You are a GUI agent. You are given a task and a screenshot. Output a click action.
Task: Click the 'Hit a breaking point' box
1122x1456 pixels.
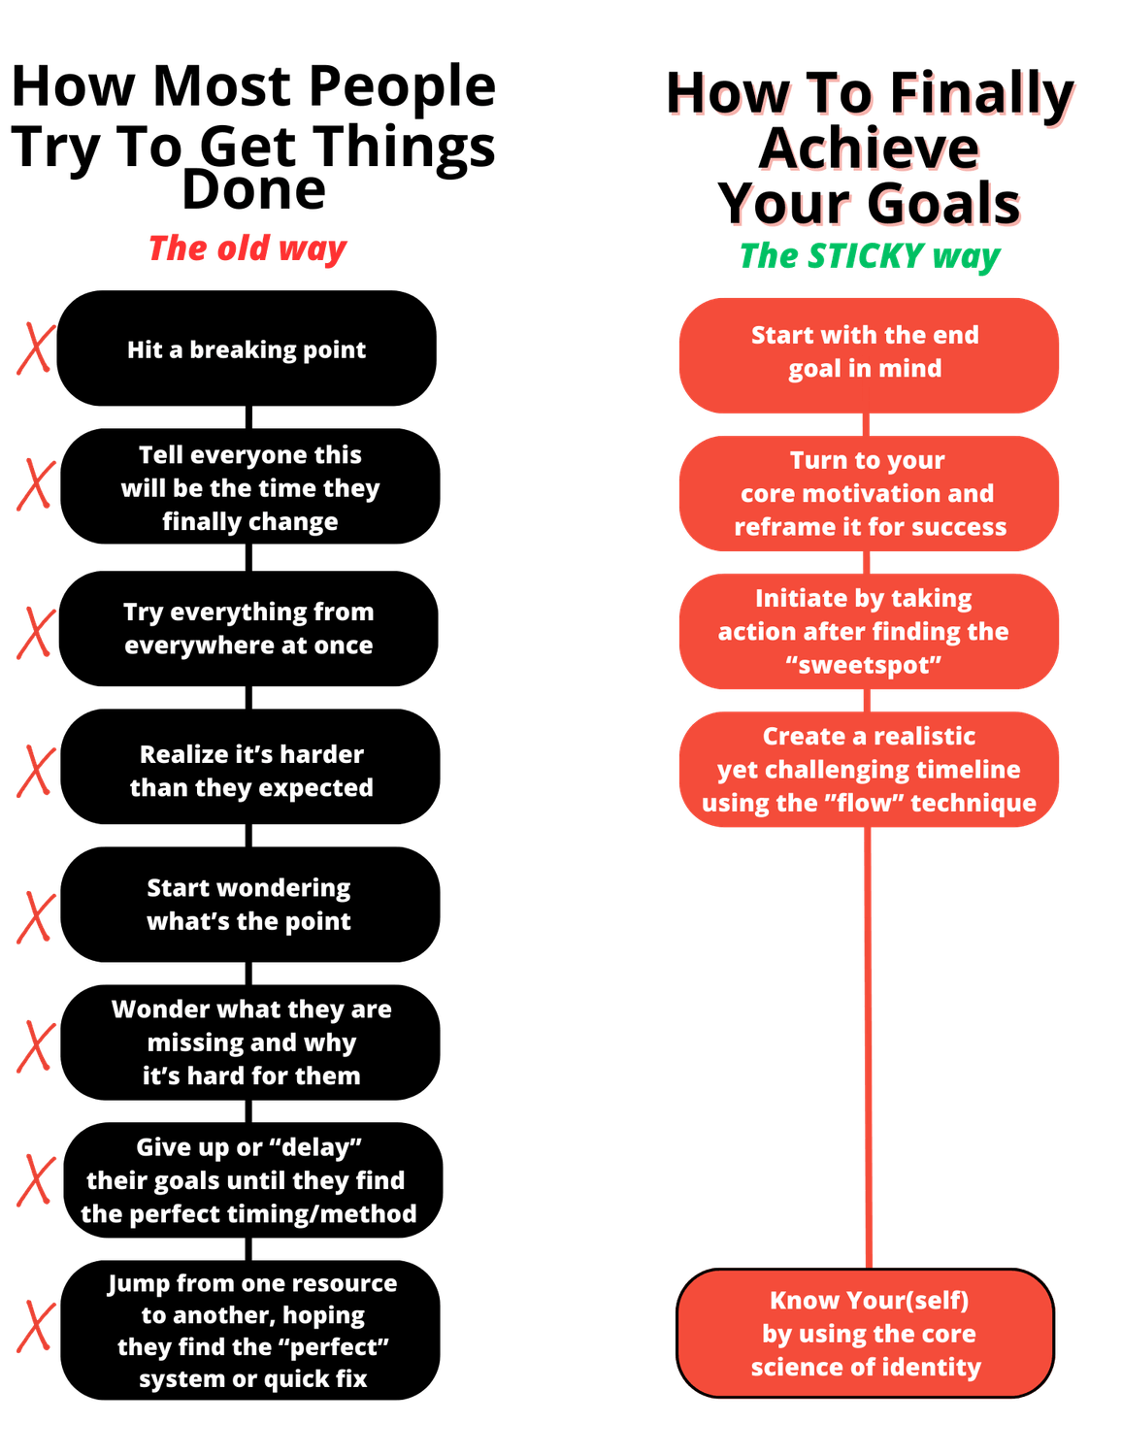click(x=247, y=348)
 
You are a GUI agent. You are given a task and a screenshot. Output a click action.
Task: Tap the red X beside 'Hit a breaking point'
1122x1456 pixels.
click(x=35, y=349)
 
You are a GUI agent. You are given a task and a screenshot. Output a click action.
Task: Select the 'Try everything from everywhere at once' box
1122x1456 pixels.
click(x=248, y=629)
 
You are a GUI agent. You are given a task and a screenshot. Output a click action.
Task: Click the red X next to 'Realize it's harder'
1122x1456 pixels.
click(x=35, y=771)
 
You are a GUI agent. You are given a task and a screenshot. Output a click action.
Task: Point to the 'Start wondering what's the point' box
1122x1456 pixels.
click(x=249, y=905)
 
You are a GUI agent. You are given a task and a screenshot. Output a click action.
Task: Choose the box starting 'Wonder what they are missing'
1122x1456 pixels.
click(x=250, y=1042)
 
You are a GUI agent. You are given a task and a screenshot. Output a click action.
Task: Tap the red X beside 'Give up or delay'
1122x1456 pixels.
click(x=36, y=1179)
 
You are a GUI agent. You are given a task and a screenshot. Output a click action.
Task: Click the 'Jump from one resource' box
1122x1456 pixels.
click(x=251, y=1330)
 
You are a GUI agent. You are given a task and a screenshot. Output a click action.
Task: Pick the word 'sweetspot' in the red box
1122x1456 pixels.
click(x=864, y=665)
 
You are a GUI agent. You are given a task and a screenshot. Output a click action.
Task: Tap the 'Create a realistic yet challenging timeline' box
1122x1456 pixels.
click(x=869, y=770)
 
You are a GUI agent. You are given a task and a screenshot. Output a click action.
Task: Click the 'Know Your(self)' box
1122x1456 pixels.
click(x=866, y=1334)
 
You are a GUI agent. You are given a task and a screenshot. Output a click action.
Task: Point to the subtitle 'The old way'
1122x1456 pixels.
click(x=247, y=248)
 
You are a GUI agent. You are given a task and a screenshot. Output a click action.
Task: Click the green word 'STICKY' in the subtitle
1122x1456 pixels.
click(x=864, y=256)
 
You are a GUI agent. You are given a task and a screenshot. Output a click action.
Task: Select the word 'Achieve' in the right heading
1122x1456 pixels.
click(x=870, y=149)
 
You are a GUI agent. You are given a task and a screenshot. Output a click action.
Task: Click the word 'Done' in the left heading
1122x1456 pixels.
click(x=253, y=189)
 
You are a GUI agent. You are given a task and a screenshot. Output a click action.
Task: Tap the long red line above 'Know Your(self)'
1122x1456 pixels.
click(x=868, y=1048)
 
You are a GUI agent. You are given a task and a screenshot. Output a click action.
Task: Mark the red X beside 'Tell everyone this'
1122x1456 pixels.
click(x=35, y=485)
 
